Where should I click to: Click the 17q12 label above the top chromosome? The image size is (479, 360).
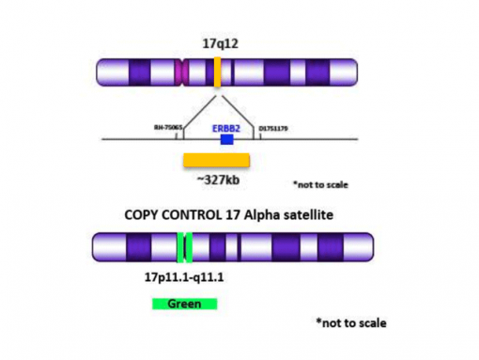click(219, 43)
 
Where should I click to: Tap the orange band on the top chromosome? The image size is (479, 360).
click(217, 73)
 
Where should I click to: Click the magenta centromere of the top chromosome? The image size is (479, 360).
click(182, 73)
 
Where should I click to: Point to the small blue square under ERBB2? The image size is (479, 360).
click(226, 139)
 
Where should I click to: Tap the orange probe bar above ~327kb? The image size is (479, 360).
click(216, 159)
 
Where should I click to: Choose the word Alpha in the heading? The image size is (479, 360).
click(281, 213)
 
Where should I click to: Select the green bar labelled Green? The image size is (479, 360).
click(184, 304)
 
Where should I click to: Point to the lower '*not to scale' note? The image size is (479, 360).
click(350, 322)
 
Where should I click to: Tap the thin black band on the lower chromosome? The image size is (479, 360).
click(240, 248)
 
